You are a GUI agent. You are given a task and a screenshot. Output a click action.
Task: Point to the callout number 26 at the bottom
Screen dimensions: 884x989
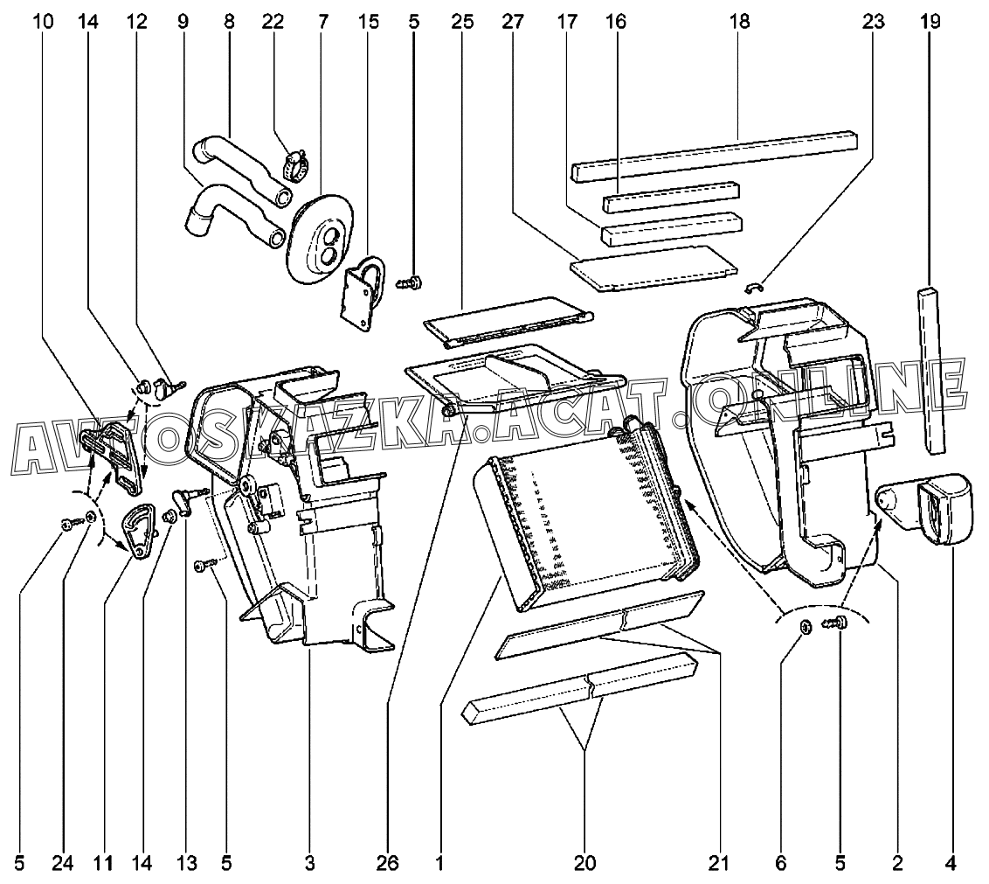[x=389, y=864]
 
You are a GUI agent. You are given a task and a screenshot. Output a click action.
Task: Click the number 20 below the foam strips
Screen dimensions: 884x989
[x=584, y=864]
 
